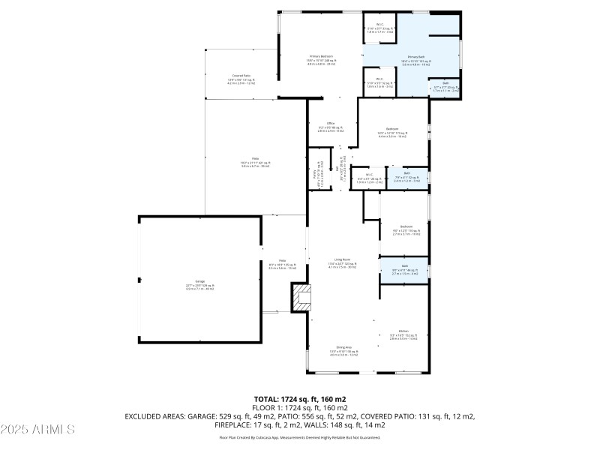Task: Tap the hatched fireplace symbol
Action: coord(301,298)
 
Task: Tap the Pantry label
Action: coord(315,174)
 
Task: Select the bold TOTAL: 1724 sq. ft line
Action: coord(299,399)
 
